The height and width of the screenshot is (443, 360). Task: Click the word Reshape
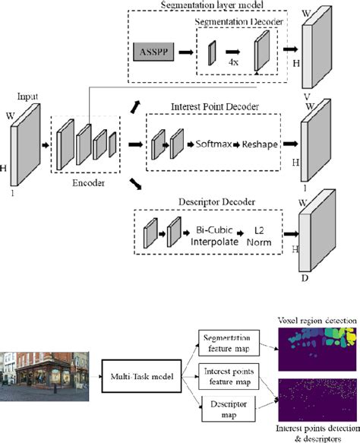260,142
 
